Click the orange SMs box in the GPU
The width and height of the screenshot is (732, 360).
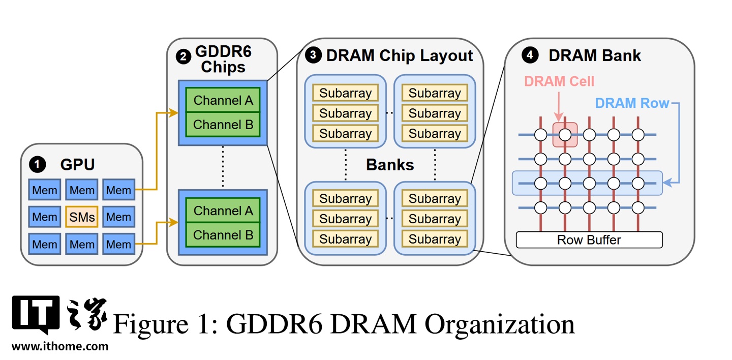coord(82,217)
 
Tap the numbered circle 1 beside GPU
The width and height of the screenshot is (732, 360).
coord(37,164)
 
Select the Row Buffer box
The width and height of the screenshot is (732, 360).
coord(589,239)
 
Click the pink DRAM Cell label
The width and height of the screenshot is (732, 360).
coord(559,81)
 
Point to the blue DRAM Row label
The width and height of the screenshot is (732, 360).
coord(632,103)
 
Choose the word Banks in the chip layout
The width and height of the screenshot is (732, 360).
coord(390,165)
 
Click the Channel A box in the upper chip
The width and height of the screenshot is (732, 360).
coord(223,100)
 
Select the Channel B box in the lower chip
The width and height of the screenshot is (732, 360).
coord(223,235)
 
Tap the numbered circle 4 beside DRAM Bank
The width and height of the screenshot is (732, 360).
coord(530,55)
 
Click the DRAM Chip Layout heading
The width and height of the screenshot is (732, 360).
coord(400,55)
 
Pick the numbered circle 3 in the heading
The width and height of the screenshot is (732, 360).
coord(313,55)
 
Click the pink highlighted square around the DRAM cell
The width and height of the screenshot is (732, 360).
coord(565,135)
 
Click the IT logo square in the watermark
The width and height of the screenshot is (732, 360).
coord(36,313)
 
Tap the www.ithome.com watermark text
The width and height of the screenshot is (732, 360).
coord(60,347)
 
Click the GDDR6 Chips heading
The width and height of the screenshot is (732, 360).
coord(223,60)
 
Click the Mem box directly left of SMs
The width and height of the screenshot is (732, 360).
coord(45,217)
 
